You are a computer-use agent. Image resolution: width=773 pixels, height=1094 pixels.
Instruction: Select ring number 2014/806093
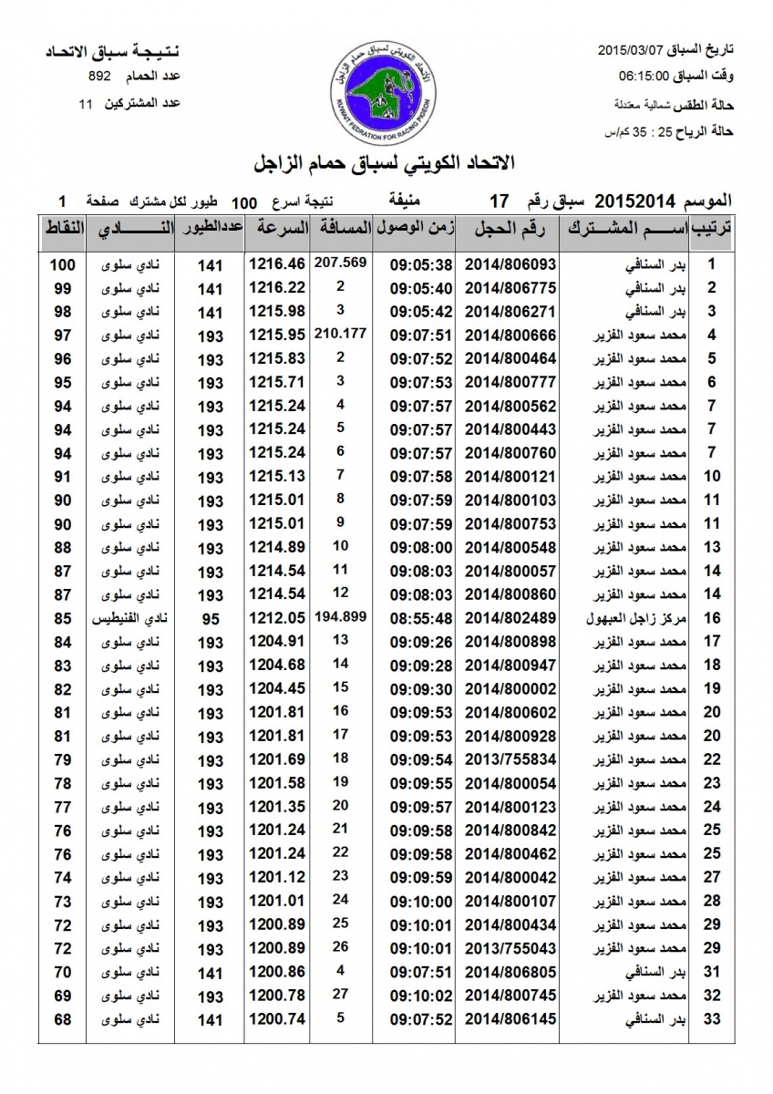510,264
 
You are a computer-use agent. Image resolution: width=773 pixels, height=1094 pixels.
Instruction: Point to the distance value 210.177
340,333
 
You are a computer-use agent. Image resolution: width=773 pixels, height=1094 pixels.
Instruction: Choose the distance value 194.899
340,616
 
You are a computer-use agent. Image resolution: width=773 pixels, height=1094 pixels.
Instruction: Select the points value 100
62,264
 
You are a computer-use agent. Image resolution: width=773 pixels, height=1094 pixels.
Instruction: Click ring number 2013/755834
510,759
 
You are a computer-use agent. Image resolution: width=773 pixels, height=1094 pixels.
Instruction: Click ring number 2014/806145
510,1019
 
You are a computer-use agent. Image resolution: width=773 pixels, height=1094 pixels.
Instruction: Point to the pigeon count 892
100,78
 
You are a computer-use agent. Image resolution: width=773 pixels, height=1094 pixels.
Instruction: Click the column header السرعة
277,229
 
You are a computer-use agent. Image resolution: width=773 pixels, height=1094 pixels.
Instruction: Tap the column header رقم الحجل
510,229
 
